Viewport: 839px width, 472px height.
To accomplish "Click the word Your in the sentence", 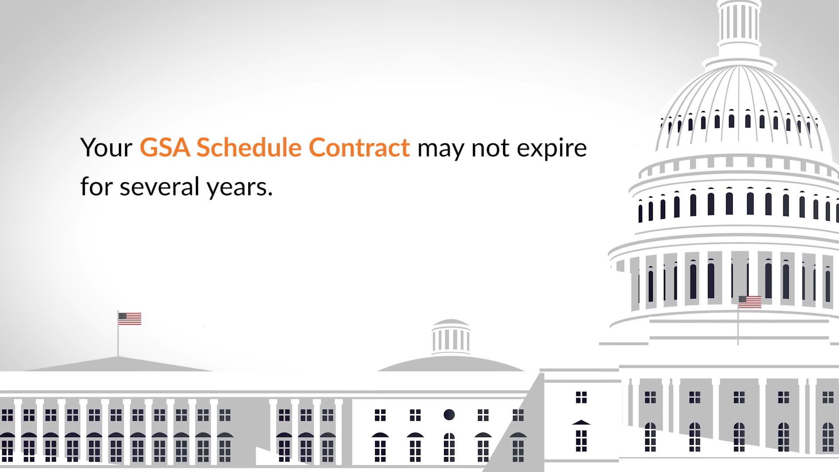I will (x=106, y=148).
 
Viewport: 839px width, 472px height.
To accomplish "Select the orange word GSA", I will (x=165, y=147).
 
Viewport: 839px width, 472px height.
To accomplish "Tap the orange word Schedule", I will (x=249, y=147).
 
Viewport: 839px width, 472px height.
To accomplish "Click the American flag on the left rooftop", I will (x=130, y=319).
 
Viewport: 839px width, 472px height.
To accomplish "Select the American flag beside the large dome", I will (x=750, y=302).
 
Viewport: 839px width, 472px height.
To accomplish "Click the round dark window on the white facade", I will (x=449, y=414).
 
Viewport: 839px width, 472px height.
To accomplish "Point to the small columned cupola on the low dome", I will (x=451, y=337).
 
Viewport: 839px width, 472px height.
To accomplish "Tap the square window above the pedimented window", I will (x=581, y=397).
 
